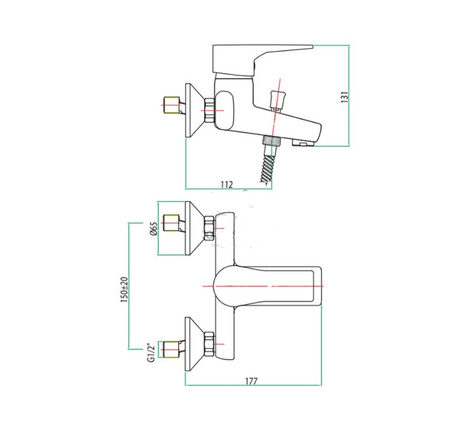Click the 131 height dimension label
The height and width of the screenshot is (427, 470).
click(345, 97)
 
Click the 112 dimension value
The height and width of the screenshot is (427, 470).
click(226, 184)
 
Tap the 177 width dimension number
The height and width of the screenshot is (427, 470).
click(251, 381)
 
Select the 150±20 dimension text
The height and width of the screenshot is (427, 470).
click(124, 290)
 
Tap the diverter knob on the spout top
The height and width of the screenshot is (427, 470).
click(277, 101)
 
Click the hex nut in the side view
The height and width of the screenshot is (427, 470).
click(209, 110)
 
